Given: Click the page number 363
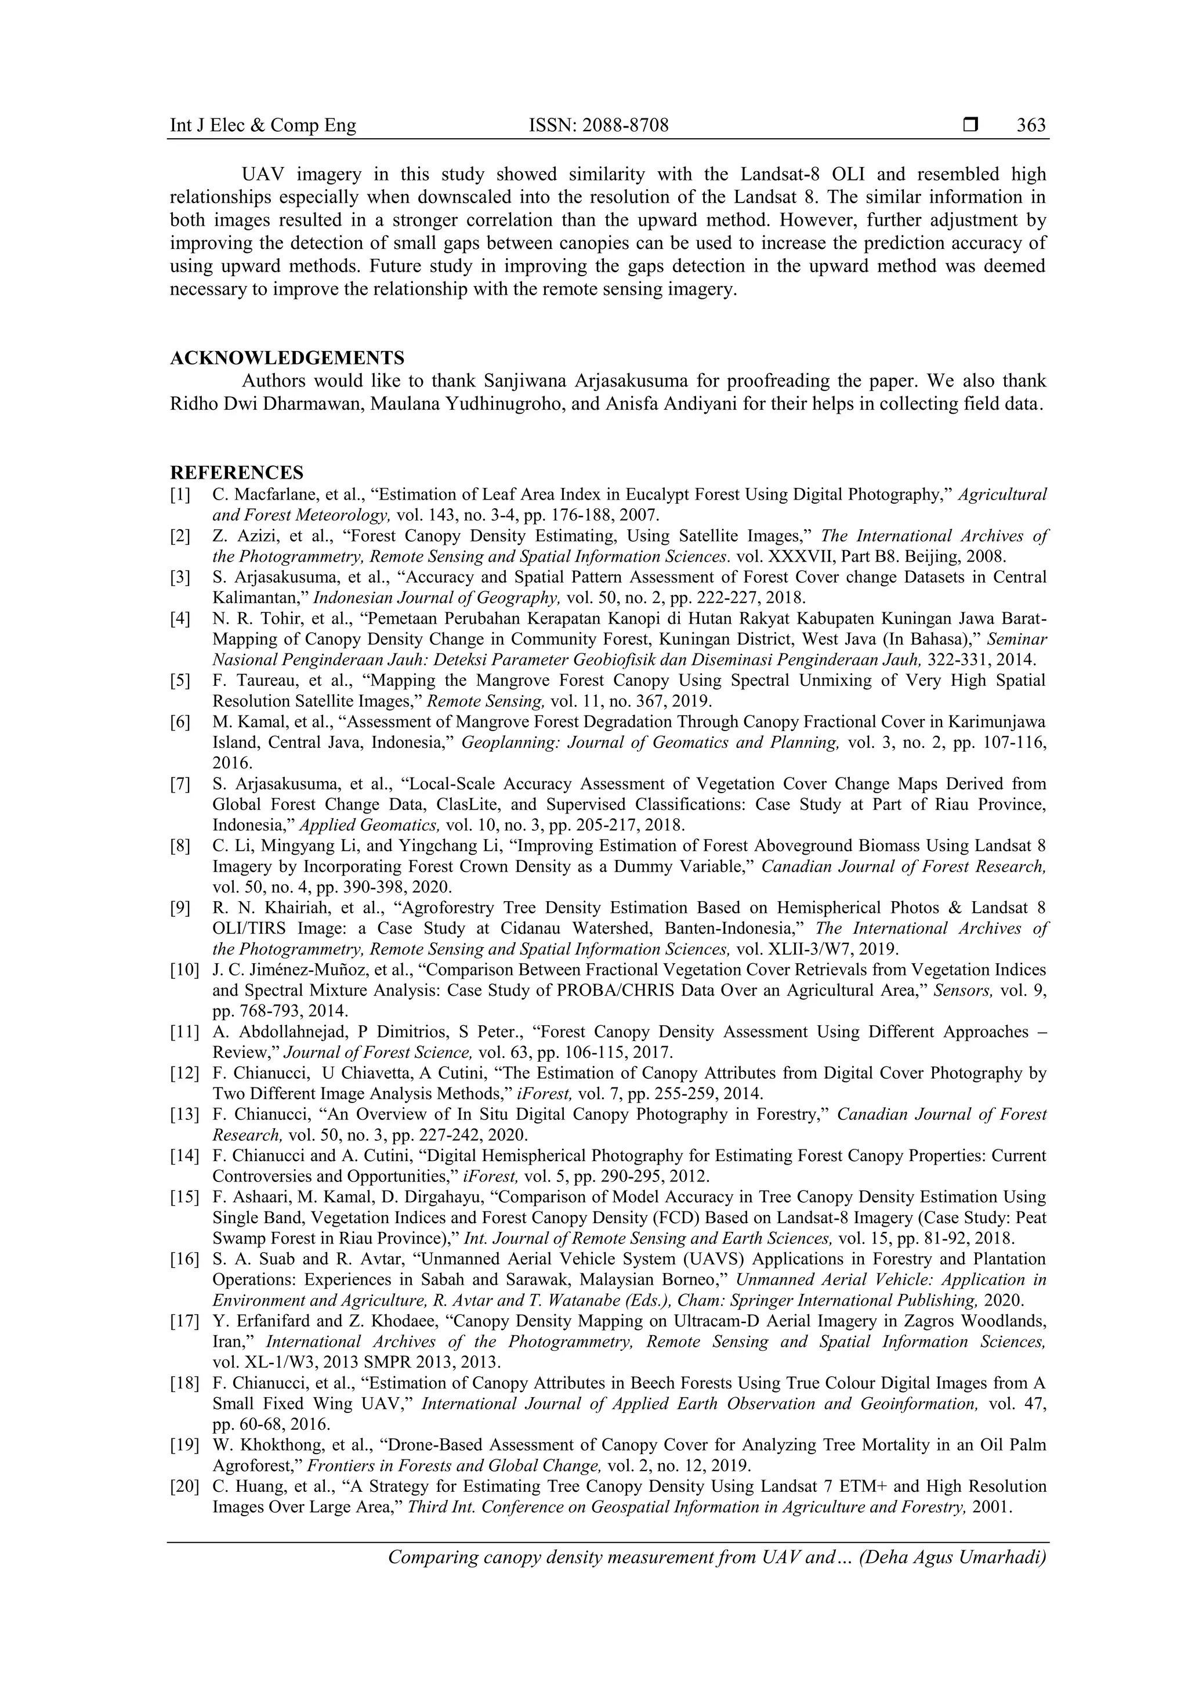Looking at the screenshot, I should (x=1031, y=126).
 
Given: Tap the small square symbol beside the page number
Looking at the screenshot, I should (x=970, y=126).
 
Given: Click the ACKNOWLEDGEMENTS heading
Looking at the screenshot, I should (x=287, y=358).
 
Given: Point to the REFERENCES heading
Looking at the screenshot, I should (x=237, y=472).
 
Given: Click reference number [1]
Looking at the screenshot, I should (x=180, y=495).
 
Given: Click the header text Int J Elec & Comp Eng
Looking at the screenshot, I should (x=263, y=126).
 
